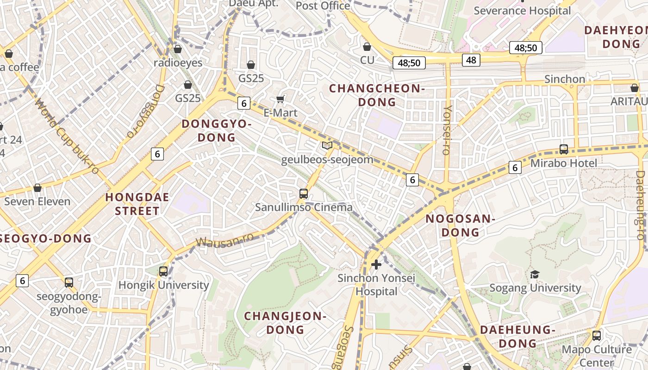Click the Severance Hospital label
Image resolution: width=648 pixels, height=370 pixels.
[522, 11]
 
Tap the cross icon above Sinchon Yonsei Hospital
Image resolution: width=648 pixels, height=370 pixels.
[376, 264]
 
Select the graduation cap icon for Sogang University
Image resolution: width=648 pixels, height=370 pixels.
[535, 274]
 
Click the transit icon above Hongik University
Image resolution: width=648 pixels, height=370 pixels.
[163, 271]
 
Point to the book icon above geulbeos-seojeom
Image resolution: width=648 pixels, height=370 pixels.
[327, 146]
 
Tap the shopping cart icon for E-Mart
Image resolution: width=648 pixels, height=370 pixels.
[280, 99]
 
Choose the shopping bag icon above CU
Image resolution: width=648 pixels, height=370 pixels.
[367, 47]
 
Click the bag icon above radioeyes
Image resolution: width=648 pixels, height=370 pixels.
[178, 49]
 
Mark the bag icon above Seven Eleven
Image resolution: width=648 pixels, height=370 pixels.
[37, 188]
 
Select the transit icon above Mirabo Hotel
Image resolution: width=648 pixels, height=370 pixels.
[564, 149]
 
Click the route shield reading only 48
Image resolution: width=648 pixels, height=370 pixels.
[471, 60]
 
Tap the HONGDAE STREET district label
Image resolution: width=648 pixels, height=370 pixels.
[137, 204]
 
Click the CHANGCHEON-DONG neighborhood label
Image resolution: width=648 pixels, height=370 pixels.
[377, 95]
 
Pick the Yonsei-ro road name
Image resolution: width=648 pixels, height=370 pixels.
[447, 130]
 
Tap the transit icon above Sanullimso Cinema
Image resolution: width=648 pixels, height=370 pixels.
[304, 194]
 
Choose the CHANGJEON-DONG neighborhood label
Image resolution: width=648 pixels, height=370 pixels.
[285, 323]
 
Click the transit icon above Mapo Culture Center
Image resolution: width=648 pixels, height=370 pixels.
[597, 336]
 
